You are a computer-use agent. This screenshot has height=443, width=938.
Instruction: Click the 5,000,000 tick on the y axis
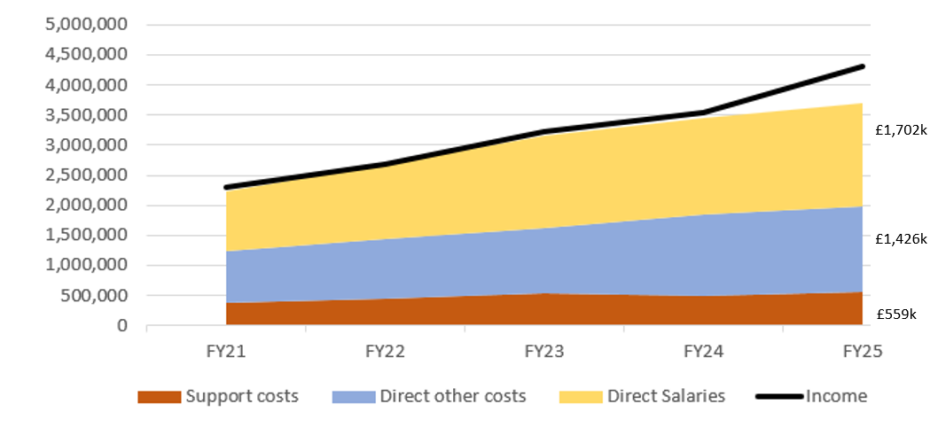click(85, 24)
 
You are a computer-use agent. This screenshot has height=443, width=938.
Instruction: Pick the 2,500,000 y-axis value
click(85, 175)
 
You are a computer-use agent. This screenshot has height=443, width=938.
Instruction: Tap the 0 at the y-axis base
click(121, 325)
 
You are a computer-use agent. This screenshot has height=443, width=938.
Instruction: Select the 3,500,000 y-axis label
click(85, 115)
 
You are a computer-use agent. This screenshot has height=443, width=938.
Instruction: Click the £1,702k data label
click(900, 130)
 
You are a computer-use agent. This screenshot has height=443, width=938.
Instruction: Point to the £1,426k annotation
click(900, 239)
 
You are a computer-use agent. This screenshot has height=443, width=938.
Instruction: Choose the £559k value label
click(896, 313)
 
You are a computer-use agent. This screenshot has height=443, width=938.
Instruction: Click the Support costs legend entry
click(241, 396)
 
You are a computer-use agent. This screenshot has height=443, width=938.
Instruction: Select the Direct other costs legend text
click(452, 396)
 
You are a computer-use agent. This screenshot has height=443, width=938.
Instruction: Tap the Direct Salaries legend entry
click(666, 396)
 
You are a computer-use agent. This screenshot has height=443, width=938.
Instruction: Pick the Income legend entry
click(835, 396)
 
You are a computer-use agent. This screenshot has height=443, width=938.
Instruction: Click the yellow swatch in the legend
click(581, 397)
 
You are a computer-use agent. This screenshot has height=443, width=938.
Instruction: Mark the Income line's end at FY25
click(862, 66)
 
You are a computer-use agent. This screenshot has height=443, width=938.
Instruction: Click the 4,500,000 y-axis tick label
click(85, 55)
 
